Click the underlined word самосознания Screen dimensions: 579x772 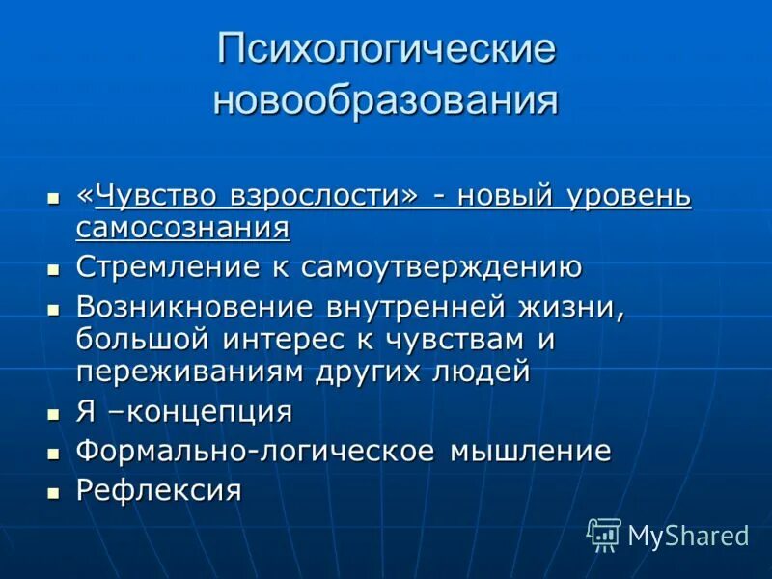pyautogui.click(x=182, y=229)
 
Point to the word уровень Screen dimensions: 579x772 pyautogui.click(x=629, y=196)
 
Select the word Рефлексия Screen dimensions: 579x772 pyautogui.click(x=158, y=490)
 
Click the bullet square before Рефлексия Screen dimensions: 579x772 pyautogui.click(x=54, y=492)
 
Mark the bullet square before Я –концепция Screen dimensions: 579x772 pyautogui.click(x=54, y=414)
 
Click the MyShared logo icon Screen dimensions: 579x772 pyautogui.click(x=604, y=534)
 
